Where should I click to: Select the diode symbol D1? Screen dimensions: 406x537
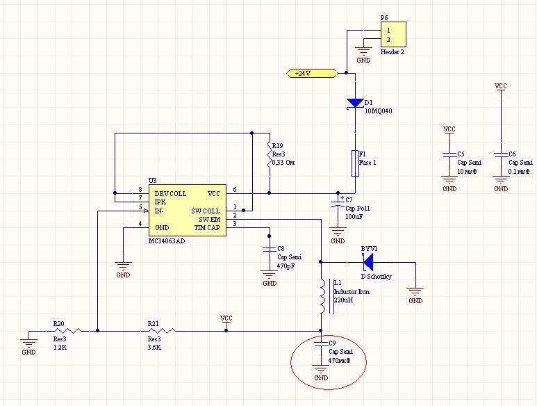click(x=355, y=104)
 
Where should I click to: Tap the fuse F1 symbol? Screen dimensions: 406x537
click(x=355, y=162)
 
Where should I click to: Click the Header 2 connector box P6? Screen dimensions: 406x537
click(x=393, y=35)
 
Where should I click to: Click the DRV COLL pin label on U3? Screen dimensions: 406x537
click(x=170, y=193)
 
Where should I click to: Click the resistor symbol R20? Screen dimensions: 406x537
click(x=68, y=331)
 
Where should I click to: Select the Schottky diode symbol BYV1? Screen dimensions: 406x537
click(x=367, y=262)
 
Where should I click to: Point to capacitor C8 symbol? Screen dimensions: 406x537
click(x=269, y=249)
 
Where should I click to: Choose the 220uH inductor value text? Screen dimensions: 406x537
click(x=344, y=300)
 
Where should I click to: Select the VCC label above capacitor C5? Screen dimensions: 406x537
click(x=449, y=129)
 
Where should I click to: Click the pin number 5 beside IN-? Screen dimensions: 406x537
click(x=140, y=207)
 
